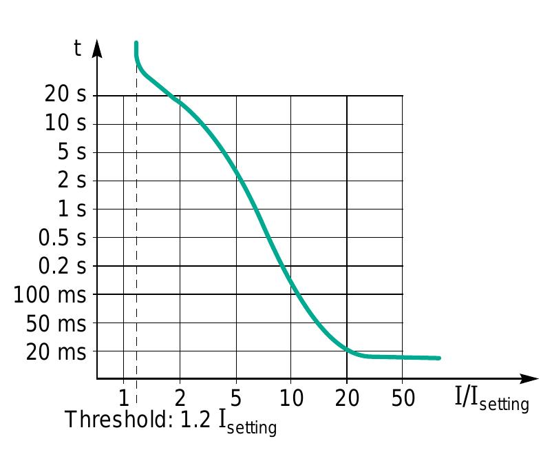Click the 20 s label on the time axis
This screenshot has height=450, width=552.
65,94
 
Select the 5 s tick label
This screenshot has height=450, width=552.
72,152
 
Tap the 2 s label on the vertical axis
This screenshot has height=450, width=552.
72,181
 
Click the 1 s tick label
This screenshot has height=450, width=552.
72,209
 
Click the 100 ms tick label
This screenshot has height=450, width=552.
50,295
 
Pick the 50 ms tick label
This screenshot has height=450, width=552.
56,323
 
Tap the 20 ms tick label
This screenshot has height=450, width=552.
56,352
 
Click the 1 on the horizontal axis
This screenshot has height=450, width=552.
123,398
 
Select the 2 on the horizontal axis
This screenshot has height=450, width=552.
180,398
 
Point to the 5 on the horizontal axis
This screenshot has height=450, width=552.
236,398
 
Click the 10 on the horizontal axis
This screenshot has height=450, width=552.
290,398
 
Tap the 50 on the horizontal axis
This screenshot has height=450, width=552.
402,398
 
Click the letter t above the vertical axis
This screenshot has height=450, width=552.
78,48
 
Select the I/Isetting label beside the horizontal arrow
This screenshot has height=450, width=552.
491,399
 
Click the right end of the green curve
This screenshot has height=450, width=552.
438,358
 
